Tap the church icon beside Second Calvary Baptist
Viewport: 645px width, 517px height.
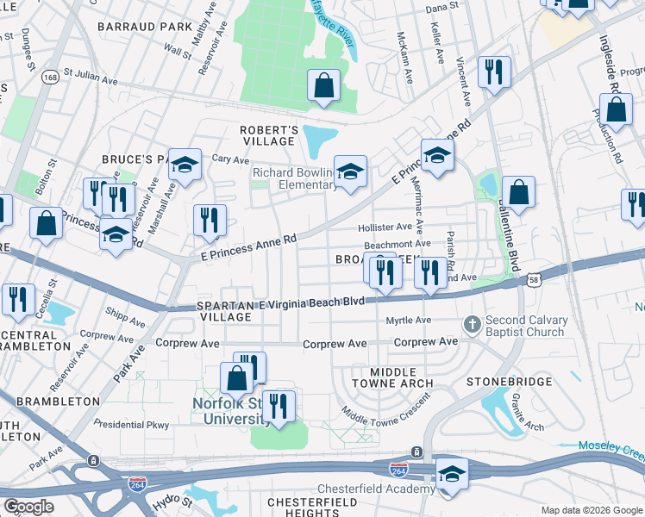point(471,324)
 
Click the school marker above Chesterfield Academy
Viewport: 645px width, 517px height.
point(452,475)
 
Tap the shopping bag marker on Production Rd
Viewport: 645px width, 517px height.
point(616,110)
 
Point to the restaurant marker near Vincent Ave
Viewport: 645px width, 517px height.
point(494,73)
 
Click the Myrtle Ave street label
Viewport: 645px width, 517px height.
point(408,321)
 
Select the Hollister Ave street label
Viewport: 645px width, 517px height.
point(385,227)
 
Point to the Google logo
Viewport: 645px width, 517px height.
point(28,507)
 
